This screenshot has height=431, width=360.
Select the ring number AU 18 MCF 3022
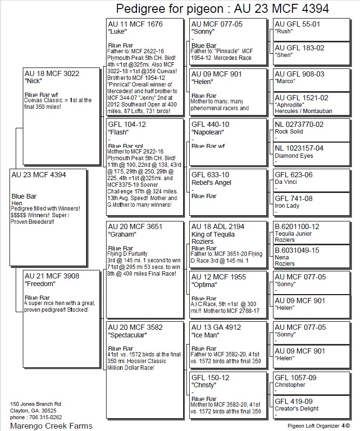52,73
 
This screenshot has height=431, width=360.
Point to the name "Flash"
118,132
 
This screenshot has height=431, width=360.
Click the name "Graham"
121,234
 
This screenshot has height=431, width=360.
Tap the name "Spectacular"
128,335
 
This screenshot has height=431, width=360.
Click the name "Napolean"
207,132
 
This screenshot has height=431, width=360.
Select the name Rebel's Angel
211,182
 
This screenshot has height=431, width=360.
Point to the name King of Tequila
213,234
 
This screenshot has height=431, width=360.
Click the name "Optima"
204,285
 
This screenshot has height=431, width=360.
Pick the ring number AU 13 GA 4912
216,327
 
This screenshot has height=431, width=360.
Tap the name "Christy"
204,385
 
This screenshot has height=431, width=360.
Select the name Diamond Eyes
294,156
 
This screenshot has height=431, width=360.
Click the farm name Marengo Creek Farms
51,425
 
